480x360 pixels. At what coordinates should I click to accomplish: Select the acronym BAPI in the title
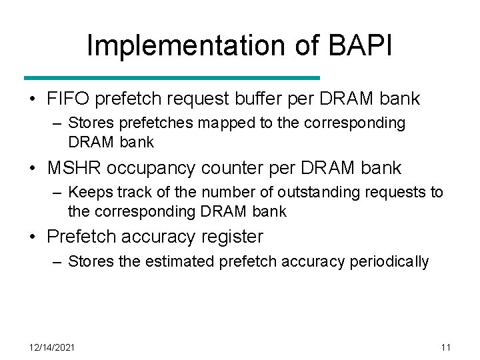pos(359,45)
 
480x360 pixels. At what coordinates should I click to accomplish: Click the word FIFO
pos(68,99)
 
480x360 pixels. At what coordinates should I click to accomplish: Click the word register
pos(230,237)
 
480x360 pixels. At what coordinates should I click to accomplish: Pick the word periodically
pos(389,261)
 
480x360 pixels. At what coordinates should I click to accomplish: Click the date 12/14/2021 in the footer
pos(52,347)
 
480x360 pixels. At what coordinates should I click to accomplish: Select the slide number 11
pos(446,347)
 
